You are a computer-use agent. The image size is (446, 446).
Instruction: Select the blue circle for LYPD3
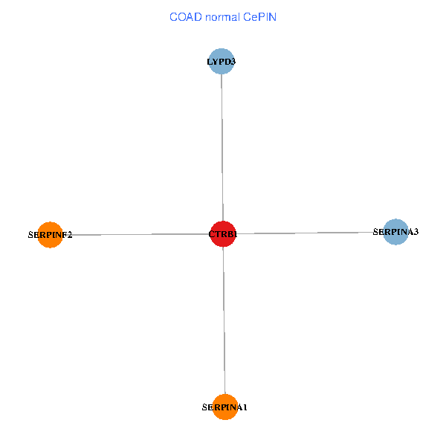click(221, 61)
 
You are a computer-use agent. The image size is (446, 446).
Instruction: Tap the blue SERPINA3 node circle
click(395, 231)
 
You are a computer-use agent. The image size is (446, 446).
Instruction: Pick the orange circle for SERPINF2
click(50, 234)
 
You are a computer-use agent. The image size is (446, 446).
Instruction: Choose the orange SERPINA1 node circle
click(224, 407)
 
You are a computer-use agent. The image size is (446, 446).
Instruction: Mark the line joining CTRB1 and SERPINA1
click(224, 320)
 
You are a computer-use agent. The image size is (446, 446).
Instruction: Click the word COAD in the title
click(185, 16)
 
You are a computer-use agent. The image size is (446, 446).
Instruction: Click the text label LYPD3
click(221, 62)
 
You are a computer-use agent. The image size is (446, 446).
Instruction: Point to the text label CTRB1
click(223, 235)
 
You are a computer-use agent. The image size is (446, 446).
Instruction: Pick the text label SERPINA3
click(395, 232)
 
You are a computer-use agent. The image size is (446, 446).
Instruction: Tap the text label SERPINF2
click(50, 235)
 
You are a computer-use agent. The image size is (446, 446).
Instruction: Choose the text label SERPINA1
click(224, 407)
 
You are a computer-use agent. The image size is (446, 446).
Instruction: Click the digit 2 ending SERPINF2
click(70, 235)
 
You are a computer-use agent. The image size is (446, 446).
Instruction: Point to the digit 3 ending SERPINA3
click(416, 232)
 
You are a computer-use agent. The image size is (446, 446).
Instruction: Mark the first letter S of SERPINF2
click(30, 235)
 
